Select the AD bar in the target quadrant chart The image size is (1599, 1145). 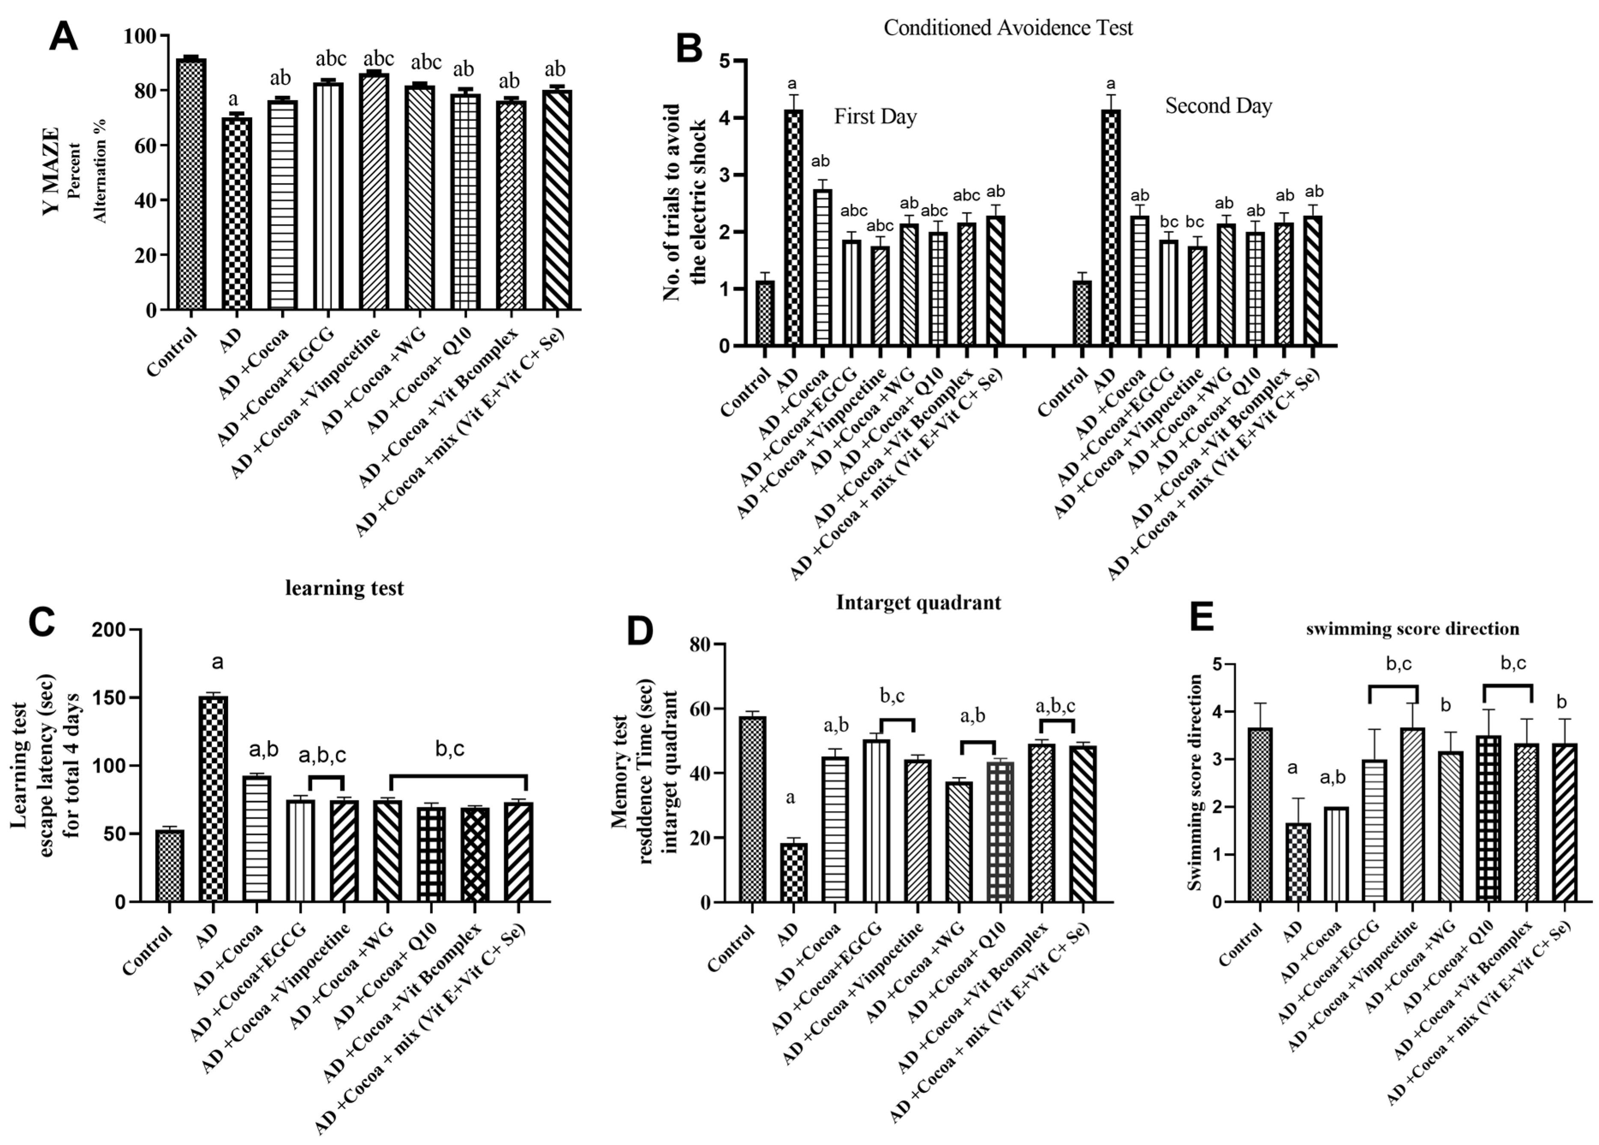pos(793,872)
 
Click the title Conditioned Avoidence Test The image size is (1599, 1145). pos(1008,28)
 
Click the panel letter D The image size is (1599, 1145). pos(641,632)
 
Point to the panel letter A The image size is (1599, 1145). pos(63,37)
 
